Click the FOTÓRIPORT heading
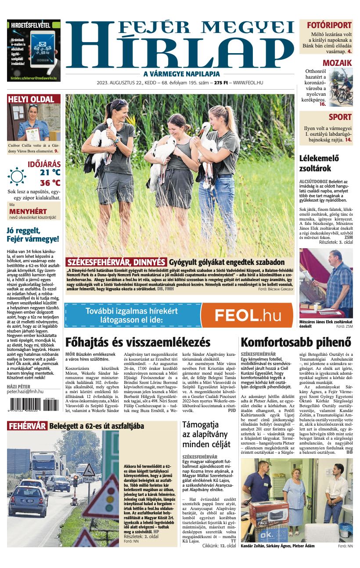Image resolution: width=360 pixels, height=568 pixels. (329, 25)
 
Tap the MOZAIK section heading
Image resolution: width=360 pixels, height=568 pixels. (337, 63)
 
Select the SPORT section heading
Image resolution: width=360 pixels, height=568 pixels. (340, 117)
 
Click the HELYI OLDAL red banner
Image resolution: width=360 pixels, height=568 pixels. (31, 99)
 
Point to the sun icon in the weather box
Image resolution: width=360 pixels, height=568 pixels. (17, 176)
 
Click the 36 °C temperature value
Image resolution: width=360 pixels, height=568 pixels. (50, 183)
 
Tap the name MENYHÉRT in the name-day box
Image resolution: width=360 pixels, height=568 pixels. (28, 211)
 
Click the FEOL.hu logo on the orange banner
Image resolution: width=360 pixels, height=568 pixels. (248, 315)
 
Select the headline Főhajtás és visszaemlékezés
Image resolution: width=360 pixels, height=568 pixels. (137, 342)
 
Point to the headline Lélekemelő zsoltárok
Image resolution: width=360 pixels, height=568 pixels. (321, 163)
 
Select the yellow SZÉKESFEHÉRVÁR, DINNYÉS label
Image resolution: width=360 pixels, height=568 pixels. (116, 262)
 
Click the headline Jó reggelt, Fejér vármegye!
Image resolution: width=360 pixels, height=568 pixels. (32, 235)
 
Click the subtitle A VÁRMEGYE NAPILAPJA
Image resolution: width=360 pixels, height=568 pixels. (181, 74)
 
